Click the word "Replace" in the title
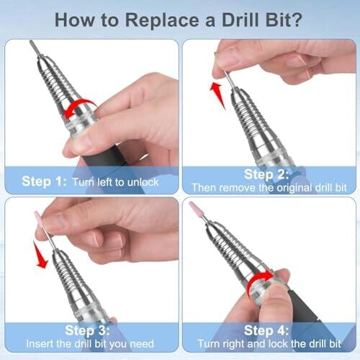(x=162, y=21)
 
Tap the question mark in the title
(x=296, y=19)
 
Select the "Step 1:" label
(x=44, y=181)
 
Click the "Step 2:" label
(x=266, y=174)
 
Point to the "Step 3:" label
(x=87, y=330)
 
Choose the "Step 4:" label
(x=266, y=330)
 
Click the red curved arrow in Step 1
(x=79, y=106)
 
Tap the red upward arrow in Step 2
(x=218, y=95)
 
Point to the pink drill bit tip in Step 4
(x=194, y=208)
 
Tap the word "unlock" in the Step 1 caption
(x=143, y=182)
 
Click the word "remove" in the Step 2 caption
(x=237, y=188)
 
